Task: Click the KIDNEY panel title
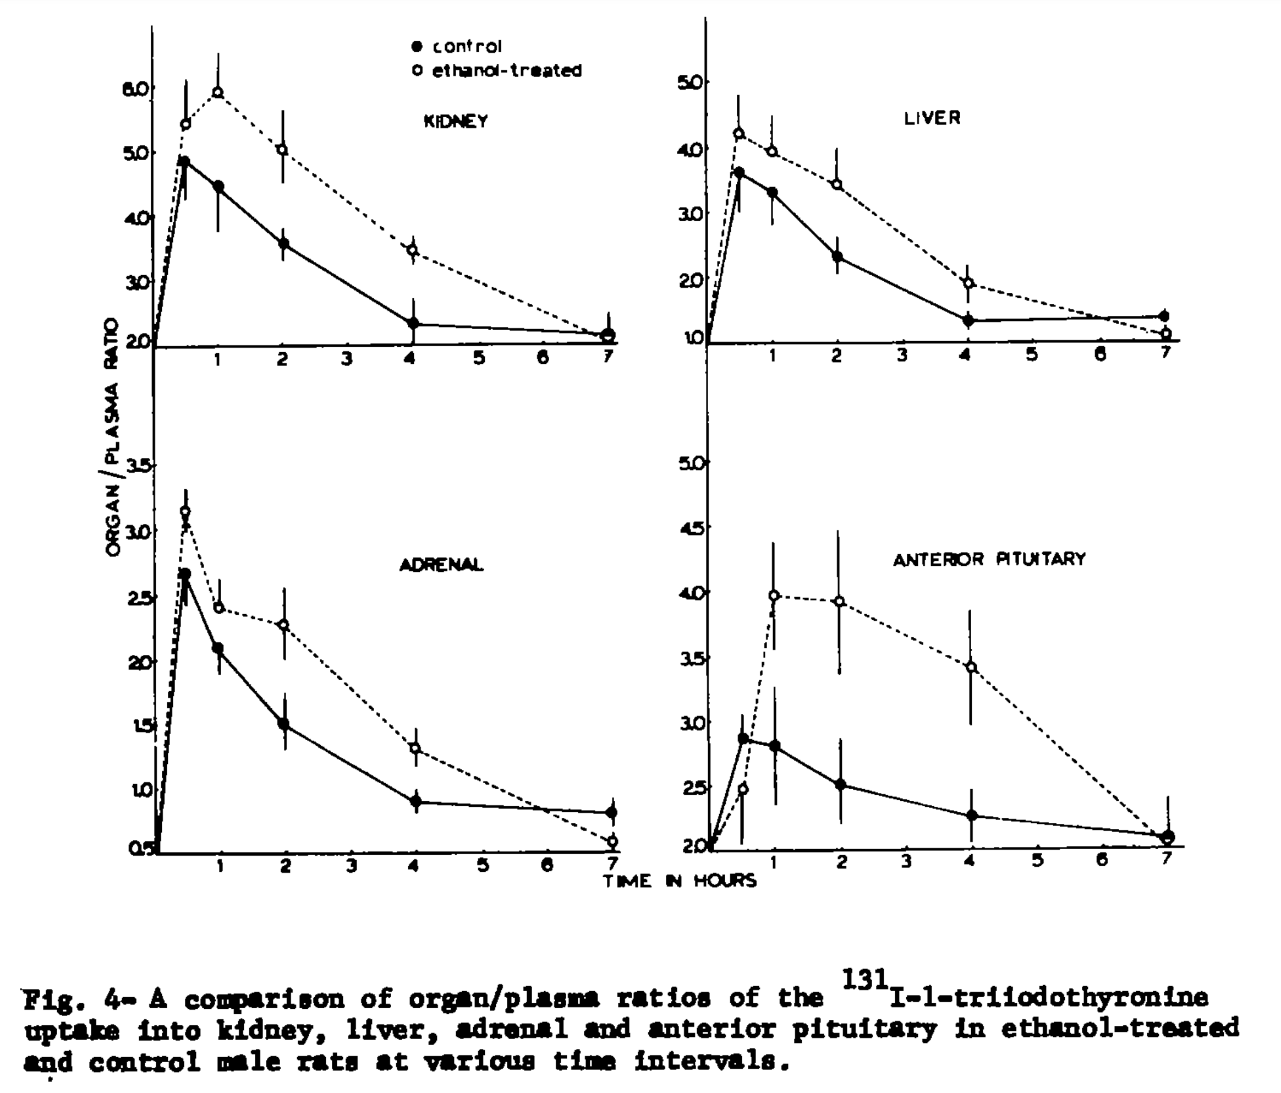456,121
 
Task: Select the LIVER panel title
932,118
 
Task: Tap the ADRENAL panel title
441,565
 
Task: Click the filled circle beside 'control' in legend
417,46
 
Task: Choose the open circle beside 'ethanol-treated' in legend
417,70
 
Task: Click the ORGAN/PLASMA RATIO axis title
112,436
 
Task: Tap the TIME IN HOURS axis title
680,881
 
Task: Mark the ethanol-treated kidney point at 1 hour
217,92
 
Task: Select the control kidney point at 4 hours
413,323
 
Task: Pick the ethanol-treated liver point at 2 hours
837,184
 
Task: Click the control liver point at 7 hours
1164,316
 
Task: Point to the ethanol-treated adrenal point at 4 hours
415,748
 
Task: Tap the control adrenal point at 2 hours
284,723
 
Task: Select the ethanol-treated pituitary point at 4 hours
971,667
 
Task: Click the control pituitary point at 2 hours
840,784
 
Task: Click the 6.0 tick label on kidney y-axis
137,89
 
